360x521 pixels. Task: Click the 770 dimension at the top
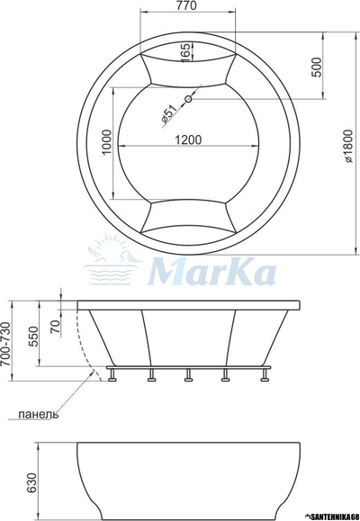point(186,7)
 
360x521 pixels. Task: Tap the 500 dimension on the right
point(318,70)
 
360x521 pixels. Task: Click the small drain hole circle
point(189,99)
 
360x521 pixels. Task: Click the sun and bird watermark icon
point(112,261)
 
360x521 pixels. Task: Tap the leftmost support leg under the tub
point(113,375)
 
